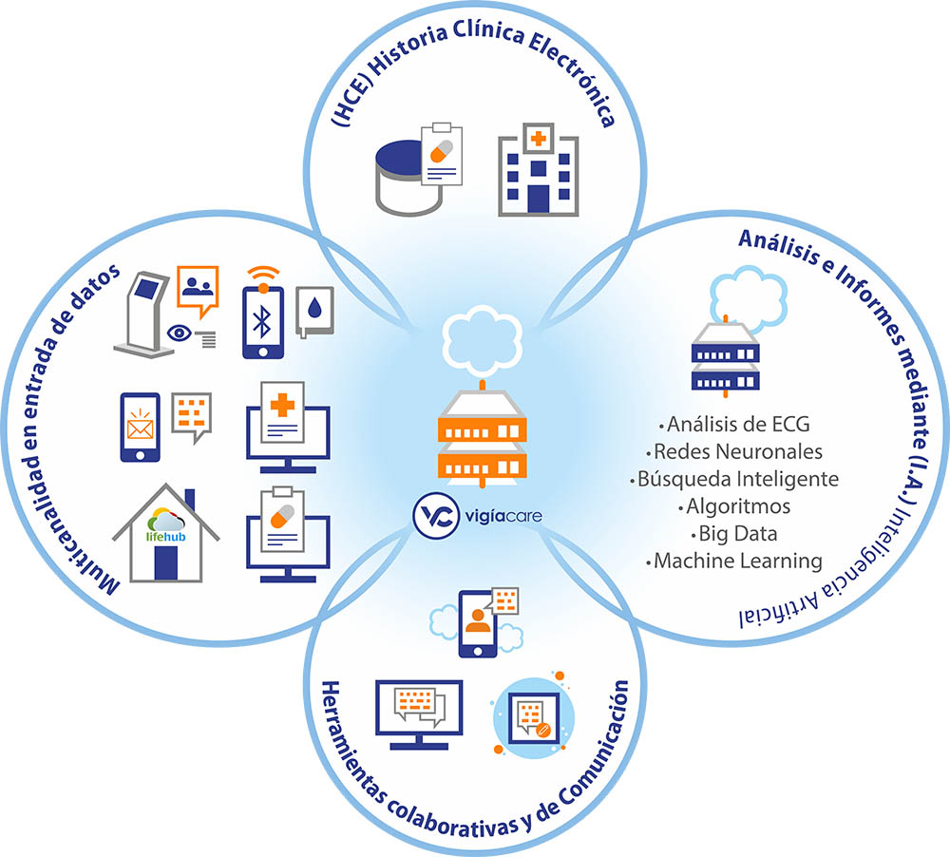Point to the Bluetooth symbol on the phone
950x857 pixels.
pyautogui.click(x=263, y=322)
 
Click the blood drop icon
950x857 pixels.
pyautogui.click(x=314, y=308)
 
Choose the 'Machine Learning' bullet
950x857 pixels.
pyautogui.click(x=737, y=561)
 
